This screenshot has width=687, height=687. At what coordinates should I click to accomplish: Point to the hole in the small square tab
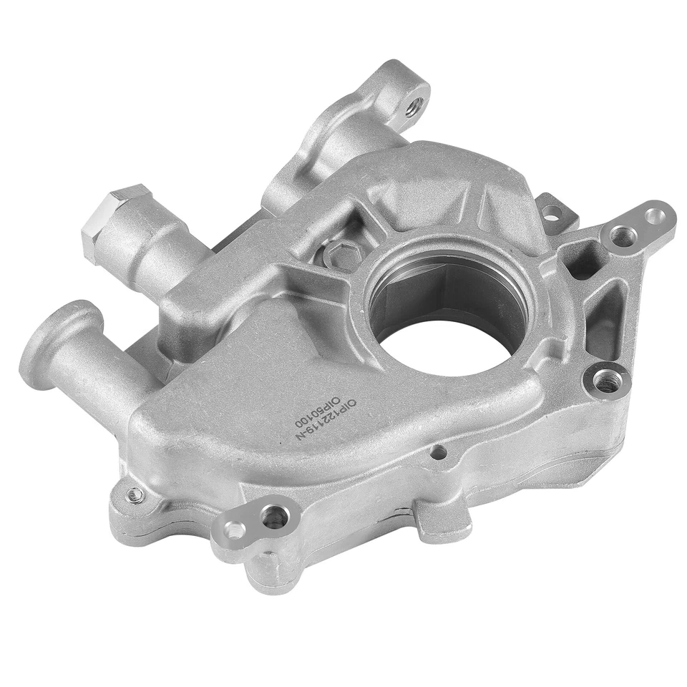(x=552, y=213)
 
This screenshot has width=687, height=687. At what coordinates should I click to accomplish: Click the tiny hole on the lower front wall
(x=438, y=452)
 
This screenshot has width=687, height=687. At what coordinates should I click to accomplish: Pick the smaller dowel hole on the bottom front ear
(x=233, y=531)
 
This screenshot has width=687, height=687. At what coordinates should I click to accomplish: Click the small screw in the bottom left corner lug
(x=134, y=494)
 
